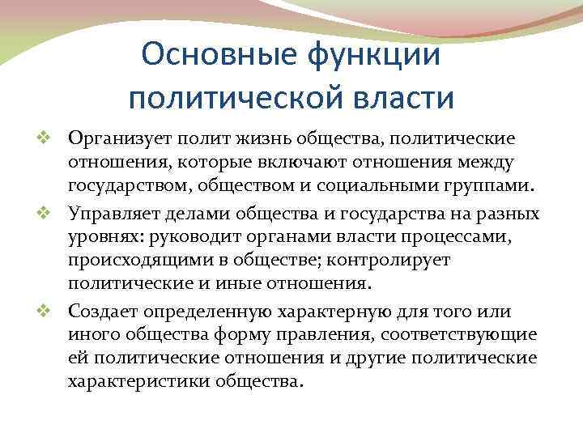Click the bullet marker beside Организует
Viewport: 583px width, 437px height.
pyautogui.click(x=56, y=141)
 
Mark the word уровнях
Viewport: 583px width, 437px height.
pyautogui.click(x=101, y=237)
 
